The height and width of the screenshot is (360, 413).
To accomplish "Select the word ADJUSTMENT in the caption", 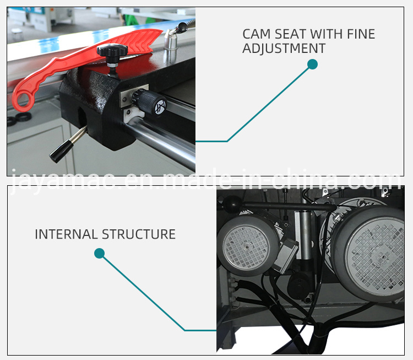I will click(284, 49).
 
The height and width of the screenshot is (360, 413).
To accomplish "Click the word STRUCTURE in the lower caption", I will click(140, 234).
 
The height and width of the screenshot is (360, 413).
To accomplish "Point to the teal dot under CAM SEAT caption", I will click(312, 65).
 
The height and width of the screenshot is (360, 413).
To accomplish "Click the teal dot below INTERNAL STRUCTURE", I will click(99, 253).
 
